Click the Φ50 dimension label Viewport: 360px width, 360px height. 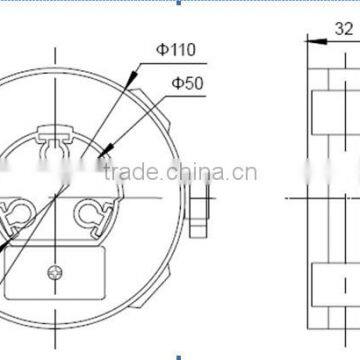pos(187,84)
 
